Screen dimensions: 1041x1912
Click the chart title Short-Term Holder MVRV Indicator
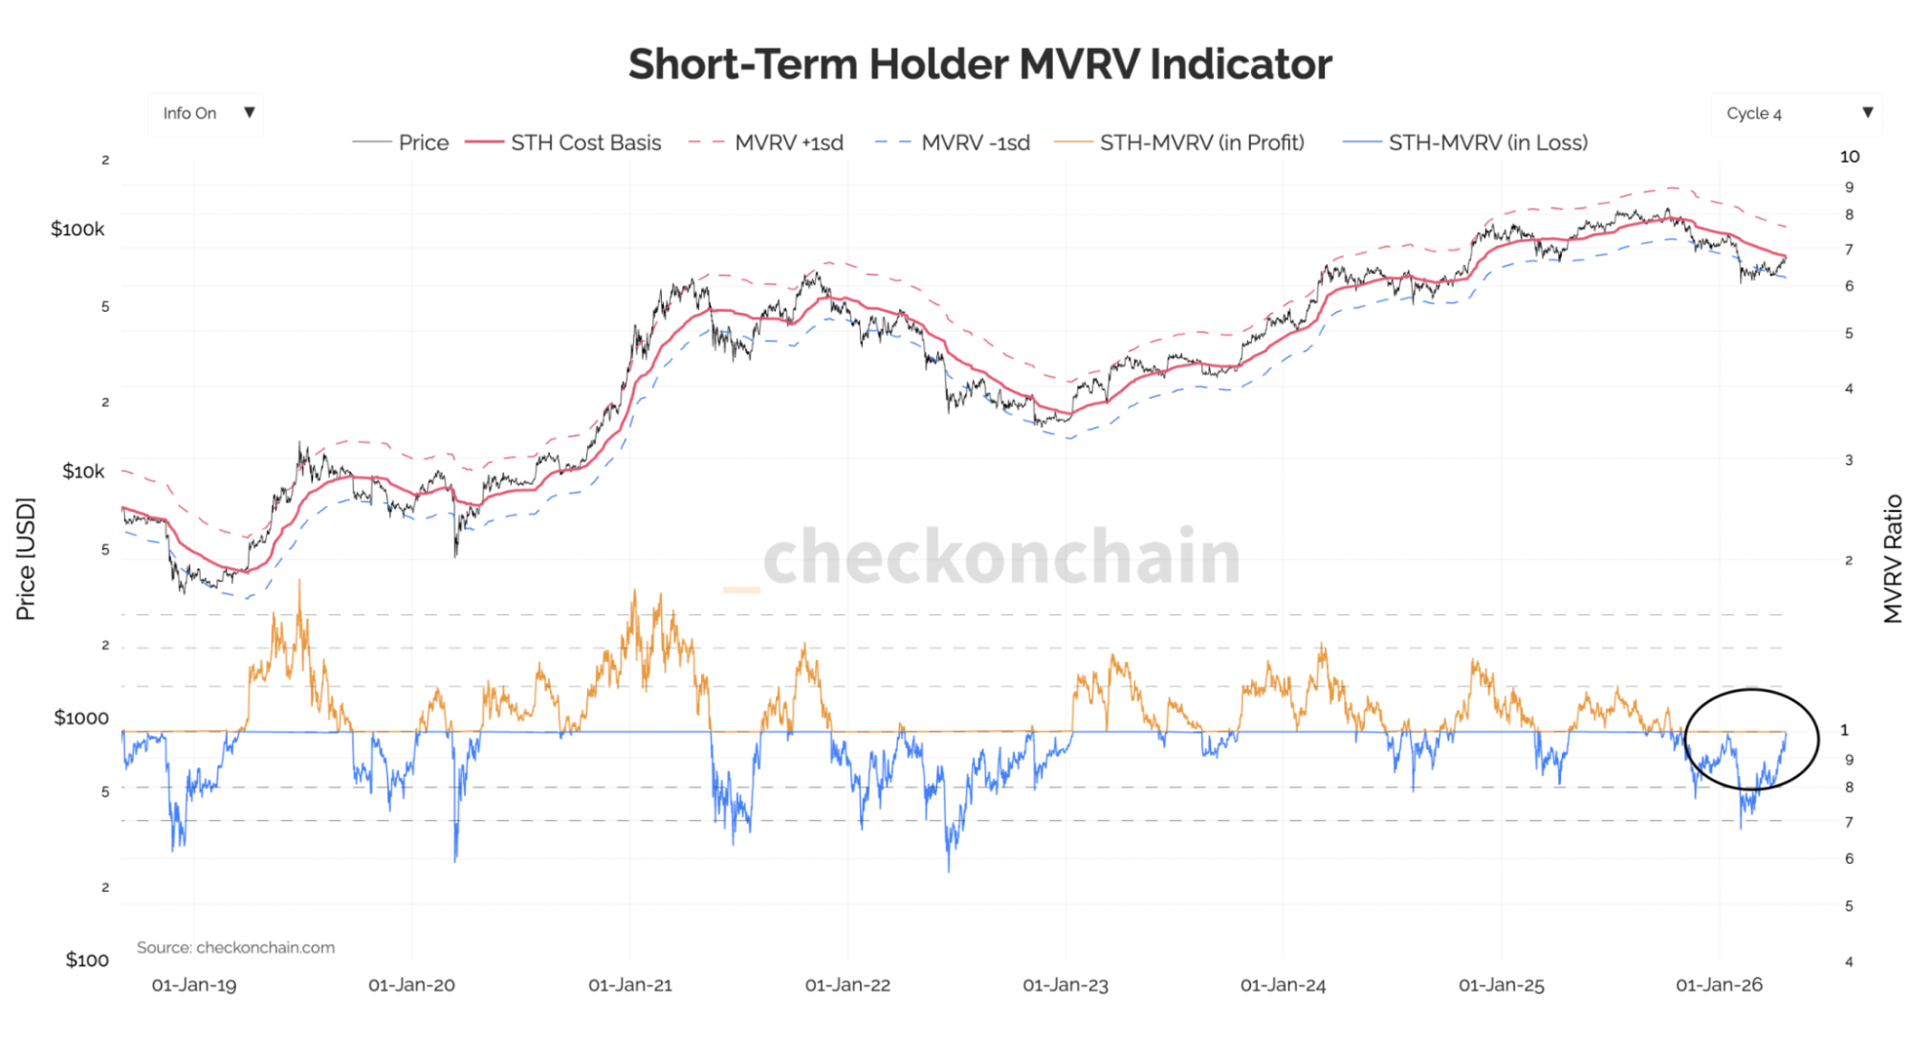979,65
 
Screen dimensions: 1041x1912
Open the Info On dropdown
207,113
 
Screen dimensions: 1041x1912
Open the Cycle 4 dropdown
1796,113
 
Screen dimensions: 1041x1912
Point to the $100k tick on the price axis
77,229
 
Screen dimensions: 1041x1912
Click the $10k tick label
83,471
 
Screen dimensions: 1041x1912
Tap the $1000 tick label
81,718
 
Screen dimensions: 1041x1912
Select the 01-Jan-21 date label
630,986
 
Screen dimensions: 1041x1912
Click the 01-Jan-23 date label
1066,986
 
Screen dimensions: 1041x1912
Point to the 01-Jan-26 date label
1719,986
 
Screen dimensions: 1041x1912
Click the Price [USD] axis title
26,559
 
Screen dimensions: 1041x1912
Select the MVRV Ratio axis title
1893,559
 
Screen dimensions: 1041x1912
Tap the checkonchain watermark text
1000,556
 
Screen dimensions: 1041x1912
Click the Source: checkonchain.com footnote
235,947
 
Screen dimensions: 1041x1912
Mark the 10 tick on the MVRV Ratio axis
1850,157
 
